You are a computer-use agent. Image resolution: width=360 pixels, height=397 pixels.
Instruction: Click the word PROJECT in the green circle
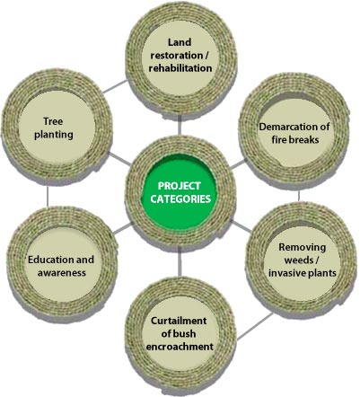click(179, 186)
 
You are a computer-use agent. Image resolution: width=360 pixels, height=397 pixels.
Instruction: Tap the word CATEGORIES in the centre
click(180, 199)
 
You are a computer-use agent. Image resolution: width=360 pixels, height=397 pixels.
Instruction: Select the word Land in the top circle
click(180, 42)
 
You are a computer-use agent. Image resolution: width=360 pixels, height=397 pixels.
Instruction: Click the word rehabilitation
click(180, 68)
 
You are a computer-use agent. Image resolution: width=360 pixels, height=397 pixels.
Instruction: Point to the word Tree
click(53, 121)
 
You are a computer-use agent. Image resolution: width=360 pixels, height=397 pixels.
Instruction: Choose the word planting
click(54, 135)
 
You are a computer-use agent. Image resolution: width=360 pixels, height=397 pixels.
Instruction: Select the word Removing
click(302, 247)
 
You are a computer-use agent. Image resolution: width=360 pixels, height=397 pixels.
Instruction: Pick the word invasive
click(285, 273)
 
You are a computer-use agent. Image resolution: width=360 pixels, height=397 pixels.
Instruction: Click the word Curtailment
click(179, 321)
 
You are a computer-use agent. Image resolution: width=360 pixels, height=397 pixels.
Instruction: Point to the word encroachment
click(180, 347)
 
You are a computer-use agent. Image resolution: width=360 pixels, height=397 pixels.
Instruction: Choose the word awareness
click(62, 273)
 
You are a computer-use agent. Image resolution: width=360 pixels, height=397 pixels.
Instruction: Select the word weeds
click(299, 260)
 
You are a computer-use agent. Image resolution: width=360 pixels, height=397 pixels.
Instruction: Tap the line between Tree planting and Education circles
click(48, 196)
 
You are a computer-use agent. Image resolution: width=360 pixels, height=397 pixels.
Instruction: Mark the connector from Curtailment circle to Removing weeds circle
click(254, 327)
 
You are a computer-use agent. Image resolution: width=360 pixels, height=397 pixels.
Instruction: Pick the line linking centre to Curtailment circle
click(180, 261)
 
